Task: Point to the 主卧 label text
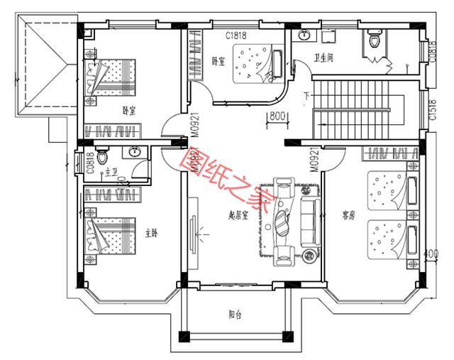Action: point(151,232)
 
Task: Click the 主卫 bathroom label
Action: point(111,171)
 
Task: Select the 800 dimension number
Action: point(277,116)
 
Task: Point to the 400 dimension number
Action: point(426,253)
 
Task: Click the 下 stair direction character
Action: point(306,96)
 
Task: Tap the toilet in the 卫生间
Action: point(372,43)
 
